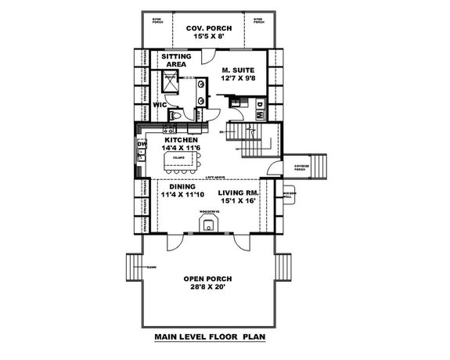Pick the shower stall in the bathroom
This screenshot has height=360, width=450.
pos(169,82)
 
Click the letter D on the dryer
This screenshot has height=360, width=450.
pos(260,103)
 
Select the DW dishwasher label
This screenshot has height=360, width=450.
pos(142,144)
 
